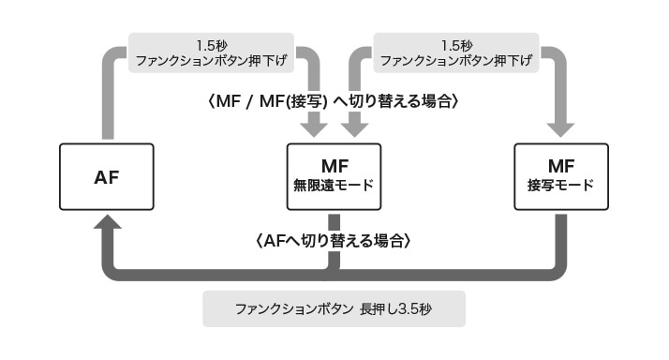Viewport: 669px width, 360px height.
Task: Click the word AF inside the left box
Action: click(107, 176)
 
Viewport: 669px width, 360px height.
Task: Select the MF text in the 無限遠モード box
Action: click(334, 165)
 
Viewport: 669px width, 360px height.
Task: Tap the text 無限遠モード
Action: click(334, 185)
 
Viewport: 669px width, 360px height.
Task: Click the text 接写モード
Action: click(560, 185)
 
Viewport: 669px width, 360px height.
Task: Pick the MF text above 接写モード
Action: click(560, 165)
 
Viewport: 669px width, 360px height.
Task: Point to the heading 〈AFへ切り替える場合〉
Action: click(334, 241)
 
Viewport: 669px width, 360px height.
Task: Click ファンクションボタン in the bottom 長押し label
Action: click(293, 308)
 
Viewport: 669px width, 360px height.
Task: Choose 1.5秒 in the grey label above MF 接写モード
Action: click(457, 43)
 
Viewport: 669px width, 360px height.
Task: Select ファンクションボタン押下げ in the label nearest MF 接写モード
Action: click(457, 60)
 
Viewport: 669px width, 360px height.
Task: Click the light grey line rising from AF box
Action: click(107, 103)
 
